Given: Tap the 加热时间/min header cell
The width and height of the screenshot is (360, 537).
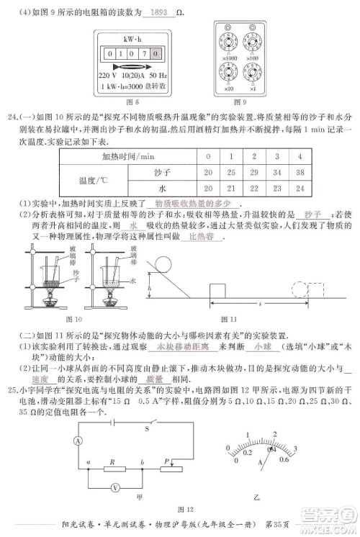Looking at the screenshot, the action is tap(130, 156).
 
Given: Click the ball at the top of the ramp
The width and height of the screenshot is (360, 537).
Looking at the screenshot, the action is tap(163, 261).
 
